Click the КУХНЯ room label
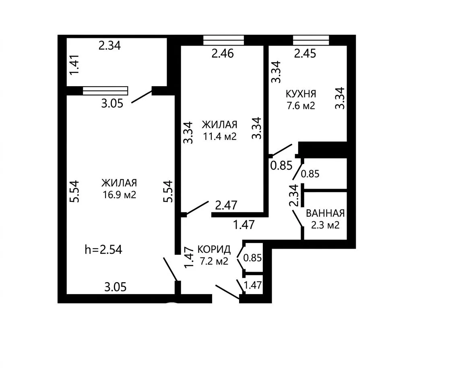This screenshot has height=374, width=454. tap(301, 94)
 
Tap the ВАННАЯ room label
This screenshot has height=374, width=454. tap(325, 213)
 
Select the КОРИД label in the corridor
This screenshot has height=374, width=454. tap(214, 249)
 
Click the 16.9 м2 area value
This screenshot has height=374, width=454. tap(119, 195)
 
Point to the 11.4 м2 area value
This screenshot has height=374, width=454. tap(220, 136)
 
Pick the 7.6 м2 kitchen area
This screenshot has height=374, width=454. tap(301, 106)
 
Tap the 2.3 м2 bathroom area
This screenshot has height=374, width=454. tap(325, 225)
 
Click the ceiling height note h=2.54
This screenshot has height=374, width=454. tap(103, 249)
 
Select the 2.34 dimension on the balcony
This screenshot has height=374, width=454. tap(109, 46)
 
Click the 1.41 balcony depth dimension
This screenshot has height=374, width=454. tap(75, 64)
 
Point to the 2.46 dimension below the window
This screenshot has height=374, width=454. tap(223, 54)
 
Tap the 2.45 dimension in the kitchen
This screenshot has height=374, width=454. tap(305, 54)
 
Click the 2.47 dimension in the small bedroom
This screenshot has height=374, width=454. tap(226, 205)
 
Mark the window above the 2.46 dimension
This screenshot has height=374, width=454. tap(223, 40)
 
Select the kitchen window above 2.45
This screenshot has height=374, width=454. tap(311, 40)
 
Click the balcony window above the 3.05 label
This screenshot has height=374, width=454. tap(105, 91)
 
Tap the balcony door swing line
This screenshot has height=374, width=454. tap(142, 97)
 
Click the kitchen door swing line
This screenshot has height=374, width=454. tap(281, 150)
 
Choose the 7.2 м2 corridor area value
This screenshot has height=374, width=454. tap(214, 261)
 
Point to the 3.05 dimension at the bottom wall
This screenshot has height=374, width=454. tap(115, 287)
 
